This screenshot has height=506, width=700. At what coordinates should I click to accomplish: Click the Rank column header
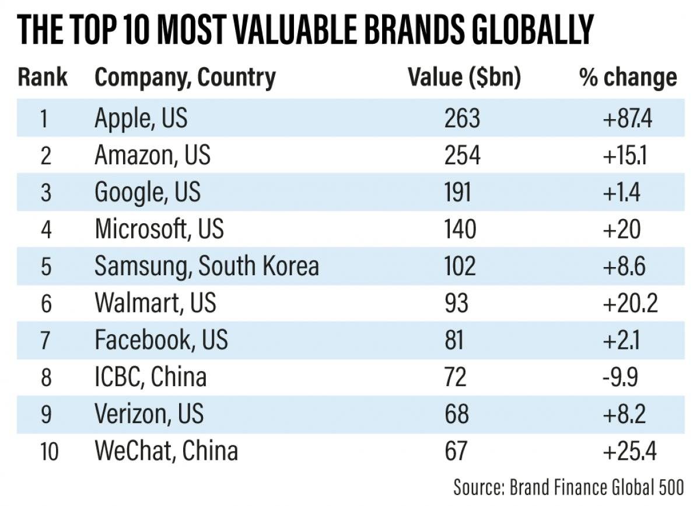tap(43, 78)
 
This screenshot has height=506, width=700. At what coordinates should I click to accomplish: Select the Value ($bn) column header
tap(464, 78)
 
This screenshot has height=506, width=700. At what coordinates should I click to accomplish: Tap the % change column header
tap(628, 78)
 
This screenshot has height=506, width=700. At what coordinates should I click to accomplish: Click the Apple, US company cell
tap(141, 119)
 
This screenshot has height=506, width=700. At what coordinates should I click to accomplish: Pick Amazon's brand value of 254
tap(462, 155)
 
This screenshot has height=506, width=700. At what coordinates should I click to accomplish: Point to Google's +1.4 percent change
tap(622, 192)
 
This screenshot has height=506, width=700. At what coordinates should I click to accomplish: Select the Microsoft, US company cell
tap(159, 229)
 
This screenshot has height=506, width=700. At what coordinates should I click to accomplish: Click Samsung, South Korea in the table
tap(206, 266)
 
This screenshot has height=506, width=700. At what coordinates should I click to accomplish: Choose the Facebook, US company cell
tap(161, 340)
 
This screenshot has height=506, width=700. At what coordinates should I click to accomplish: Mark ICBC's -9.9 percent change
tap(621, 377)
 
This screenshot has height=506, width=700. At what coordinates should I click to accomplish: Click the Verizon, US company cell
tap(149, 414)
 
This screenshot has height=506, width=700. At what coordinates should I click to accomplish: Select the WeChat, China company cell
tap(166, 451)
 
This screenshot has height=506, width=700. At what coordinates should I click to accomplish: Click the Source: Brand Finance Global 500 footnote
tap(569, 487)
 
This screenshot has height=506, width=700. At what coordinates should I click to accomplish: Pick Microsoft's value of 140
tap(460, 229)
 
